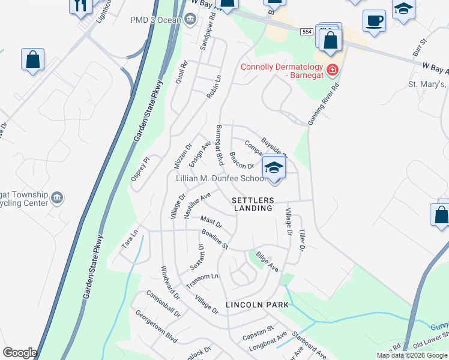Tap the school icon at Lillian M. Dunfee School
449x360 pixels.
pos(274,167)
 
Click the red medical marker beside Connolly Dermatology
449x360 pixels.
pos(332,70)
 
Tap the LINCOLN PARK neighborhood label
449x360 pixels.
pos(257,305)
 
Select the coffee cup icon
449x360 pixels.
pos(374,21)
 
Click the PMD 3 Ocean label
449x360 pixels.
pos(158,19)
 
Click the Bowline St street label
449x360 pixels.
pos(215,239)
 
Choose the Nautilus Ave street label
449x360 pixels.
pos(197,202)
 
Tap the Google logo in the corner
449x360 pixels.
pos(20,353)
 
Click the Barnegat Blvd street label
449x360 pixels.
pos(220,145)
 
